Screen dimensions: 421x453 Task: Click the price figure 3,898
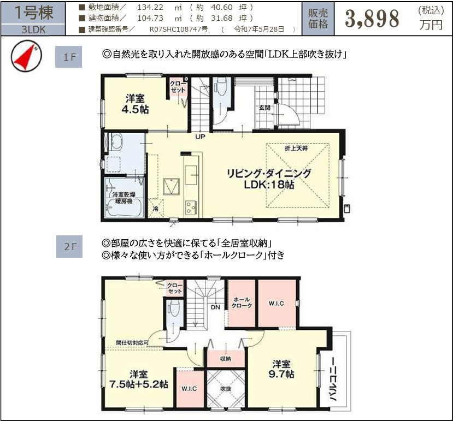pos(372,20)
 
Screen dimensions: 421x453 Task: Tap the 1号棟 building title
pos(33,13)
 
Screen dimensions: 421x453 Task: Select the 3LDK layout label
pos(33,31)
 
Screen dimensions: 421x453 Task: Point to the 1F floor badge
pos(69,57)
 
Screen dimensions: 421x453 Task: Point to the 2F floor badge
pos(69,247)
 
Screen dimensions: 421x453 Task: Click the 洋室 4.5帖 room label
pos(136,104)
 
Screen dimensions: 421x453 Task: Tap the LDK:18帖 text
pos(269,185)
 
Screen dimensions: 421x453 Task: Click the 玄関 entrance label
pos(264,108)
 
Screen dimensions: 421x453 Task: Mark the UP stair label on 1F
pos(200,136)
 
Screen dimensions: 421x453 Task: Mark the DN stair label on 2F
pos(216,307)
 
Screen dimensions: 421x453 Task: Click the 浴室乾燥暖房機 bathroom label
pos(125,197)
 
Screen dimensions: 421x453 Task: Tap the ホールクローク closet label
pos(242,303)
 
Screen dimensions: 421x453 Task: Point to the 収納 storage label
pos(225,359)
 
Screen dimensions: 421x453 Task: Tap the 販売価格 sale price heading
pos(319,19)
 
